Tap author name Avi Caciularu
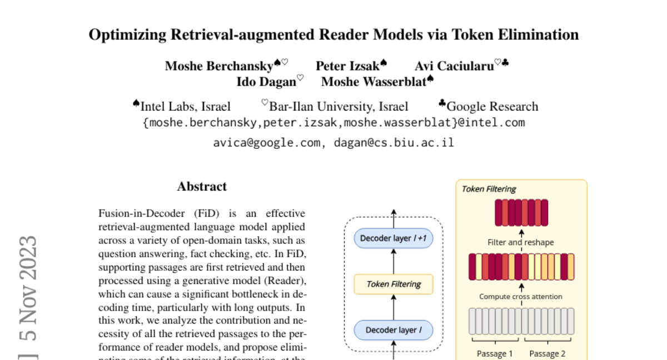point(454,66)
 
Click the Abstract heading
point(202,187)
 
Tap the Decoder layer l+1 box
point(394,238)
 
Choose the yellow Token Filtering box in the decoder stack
point(394,284)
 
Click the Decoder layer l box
point(394,330)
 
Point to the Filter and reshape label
point(521,242)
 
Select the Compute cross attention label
point(521,297)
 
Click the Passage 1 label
point(495,353)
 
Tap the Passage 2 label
point(547,353)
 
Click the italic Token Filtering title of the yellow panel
point(489,189)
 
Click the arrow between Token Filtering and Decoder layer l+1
point(394,261)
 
